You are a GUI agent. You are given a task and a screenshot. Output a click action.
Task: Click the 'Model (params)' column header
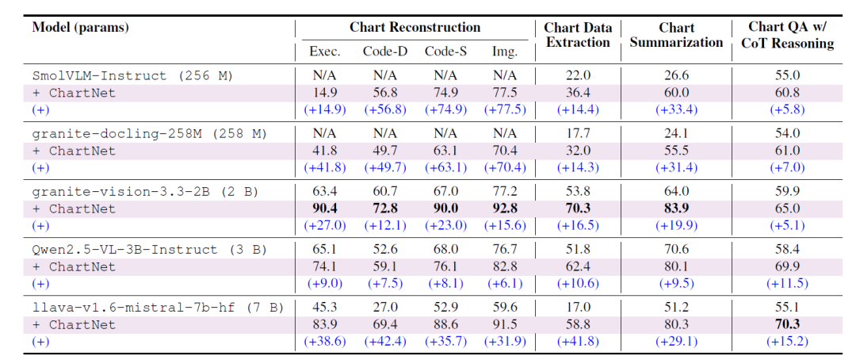[81, 28]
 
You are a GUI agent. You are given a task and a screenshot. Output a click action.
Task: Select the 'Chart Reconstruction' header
[415, 27]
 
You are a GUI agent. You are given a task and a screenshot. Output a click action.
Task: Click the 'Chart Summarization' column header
[676, 35]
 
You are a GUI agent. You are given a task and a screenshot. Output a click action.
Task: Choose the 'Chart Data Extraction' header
[578, 35]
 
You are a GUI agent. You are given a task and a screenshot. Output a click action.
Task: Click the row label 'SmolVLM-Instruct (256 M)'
[132, 76]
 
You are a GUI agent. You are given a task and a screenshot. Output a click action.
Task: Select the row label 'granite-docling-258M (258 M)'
[150, 133]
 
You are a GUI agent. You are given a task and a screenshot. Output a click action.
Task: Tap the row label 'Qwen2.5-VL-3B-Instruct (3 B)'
[150, 250]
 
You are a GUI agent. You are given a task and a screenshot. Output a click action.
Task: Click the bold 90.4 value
[325, 208]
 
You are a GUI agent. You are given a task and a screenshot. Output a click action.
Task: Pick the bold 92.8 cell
[504, 208]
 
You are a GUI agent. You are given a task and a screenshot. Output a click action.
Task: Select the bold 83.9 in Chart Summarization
[676, 208]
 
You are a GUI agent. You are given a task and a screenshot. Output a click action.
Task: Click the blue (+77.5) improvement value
[504, 109]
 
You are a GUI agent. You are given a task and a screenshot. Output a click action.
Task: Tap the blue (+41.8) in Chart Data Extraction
[578, 342]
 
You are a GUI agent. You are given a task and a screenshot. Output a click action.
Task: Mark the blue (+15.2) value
[787, 342]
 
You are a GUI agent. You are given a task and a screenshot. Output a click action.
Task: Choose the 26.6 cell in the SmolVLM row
[676, 76]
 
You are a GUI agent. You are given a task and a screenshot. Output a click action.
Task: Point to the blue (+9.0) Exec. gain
[325, 284]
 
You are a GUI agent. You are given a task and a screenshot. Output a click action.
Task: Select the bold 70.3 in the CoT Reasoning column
[787, 324]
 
